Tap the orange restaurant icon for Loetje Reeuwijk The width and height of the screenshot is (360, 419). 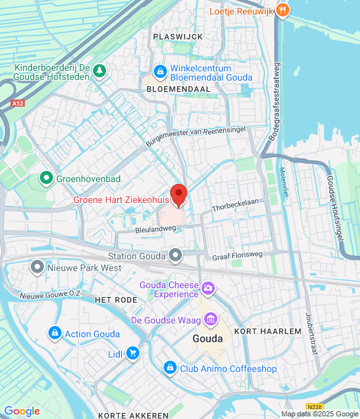coord(282,10)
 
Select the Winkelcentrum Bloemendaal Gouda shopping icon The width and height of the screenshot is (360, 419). coord(160,70)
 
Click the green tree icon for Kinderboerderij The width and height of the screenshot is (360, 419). coord(99,70)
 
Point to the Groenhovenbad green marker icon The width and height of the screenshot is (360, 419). coord(46,177)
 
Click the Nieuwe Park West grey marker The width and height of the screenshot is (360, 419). coord(37,267)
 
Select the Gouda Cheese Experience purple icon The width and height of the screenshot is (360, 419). coord(208,287)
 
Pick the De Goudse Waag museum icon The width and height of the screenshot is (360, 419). coord(211,319)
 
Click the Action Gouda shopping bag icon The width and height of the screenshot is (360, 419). coord(55,333)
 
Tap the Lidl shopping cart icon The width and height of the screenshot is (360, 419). coord(133,354)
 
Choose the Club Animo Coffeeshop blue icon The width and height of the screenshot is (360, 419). coord(170,369)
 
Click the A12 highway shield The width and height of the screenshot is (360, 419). coord(17,103)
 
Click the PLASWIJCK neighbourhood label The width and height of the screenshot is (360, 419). coord(177,37)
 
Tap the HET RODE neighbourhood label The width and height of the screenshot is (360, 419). coord(117,299)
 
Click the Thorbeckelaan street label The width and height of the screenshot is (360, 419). coord(236,206)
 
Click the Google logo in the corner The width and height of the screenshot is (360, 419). coord(22,410)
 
